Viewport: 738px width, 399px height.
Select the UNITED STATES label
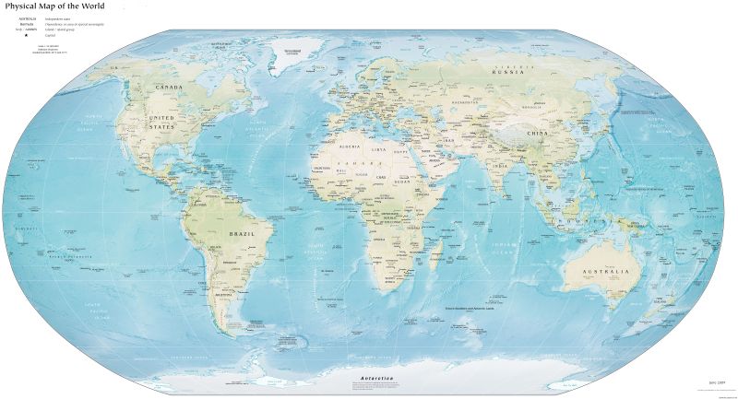(162, 123)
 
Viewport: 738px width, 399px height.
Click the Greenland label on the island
(293, 49)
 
